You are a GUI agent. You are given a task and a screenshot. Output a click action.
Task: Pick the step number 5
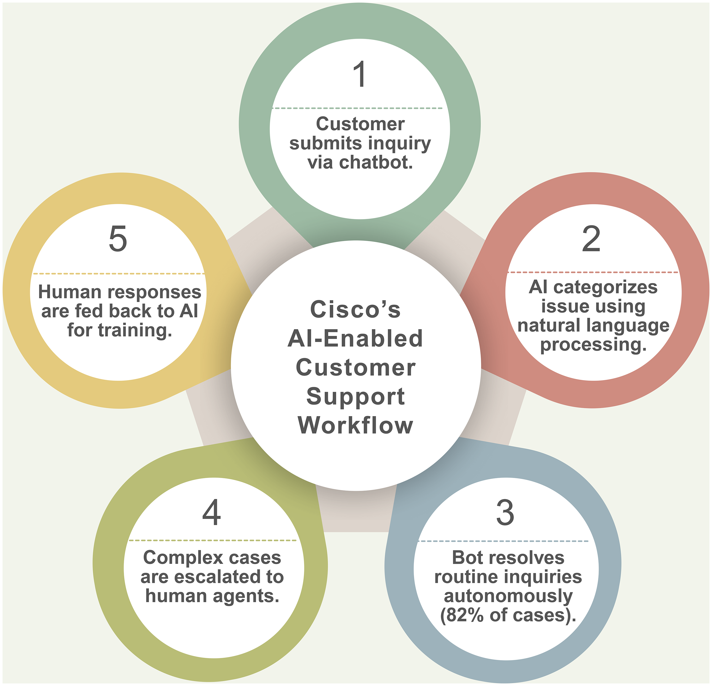(118, 239)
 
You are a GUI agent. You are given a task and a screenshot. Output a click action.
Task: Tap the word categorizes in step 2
(605, 287)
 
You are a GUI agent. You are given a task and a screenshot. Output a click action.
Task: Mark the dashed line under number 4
(213, 540)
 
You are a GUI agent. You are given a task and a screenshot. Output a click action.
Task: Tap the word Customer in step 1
(360, 124)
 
